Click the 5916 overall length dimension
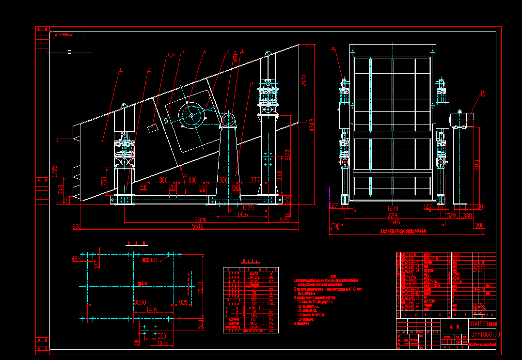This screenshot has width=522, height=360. coord(197,226)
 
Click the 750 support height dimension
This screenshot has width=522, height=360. coord(104,181)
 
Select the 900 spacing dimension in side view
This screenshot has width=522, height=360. coord(223,180)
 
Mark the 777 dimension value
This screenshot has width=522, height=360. coord(255,180)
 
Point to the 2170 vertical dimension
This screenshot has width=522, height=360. coord(287,155)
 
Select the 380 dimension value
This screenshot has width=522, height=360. coord(467,216)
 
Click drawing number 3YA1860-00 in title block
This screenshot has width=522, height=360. coord(485,334)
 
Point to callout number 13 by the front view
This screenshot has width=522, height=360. coord(333,48)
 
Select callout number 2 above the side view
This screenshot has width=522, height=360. coord(149,70)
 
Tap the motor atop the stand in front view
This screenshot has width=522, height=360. coord(462,118)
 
